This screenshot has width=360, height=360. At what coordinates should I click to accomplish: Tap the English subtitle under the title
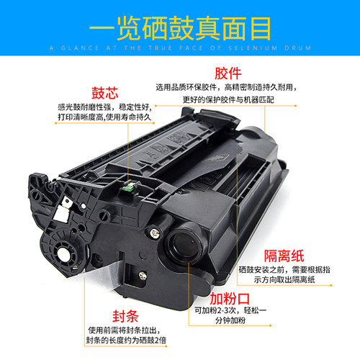(180, 48)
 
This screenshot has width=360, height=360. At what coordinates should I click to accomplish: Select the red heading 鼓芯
(102, 93)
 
